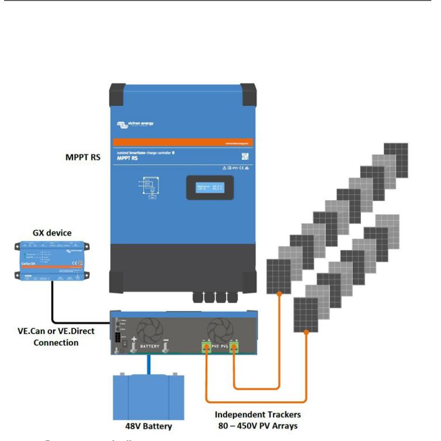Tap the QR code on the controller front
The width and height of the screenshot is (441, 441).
(245, 157)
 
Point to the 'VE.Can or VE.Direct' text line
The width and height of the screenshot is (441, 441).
(56, 331)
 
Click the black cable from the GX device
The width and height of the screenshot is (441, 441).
(53, 304)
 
